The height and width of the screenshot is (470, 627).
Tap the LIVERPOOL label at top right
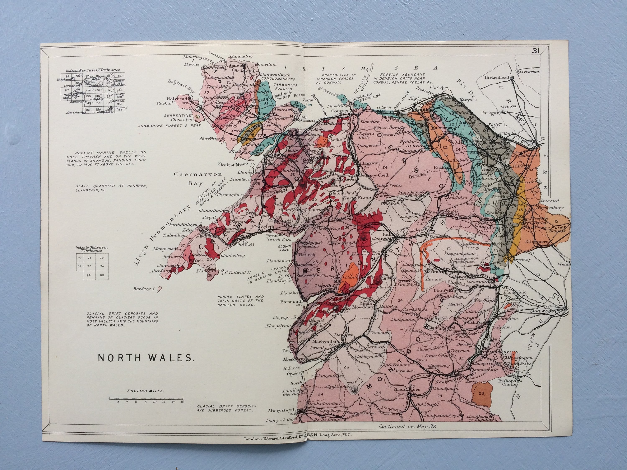pos(529,72)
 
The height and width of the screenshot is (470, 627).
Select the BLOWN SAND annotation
pos(284,248)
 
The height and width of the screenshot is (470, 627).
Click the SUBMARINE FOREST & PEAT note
pos(169,126)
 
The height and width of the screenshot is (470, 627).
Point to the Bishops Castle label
pos(507,382)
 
